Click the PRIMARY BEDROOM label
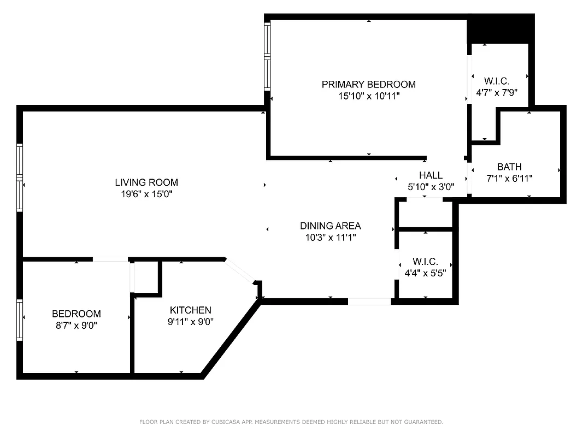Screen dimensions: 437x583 (x=368, y=84)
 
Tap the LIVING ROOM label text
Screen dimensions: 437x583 (x=146, y=182)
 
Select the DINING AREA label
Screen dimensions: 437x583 (x=330, y=226)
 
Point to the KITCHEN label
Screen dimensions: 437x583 (x=190, y=310)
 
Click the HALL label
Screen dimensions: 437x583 (x=431, y=175)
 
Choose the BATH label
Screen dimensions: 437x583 (x=509, y=167)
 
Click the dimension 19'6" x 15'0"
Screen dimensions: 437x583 (x=146, y=194)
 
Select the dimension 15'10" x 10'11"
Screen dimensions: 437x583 (x=368, y=96)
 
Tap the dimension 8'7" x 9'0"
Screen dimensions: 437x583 (x=76, y=325)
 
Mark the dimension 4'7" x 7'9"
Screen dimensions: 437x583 (x=497, y=93)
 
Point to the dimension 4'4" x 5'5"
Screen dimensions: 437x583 (x=426, y=273)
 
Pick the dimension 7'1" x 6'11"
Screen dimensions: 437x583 (x=509, y=178)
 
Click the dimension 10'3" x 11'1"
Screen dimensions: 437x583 (x=330, y=237)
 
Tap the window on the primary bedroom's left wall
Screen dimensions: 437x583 (x=267, y=56)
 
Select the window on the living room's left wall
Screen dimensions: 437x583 (x=20, y=177)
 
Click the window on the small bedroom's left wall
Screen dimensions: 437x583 (x=20, y=320)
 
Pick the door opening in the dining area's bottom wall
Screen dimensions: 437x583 (x=369, y=301)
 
